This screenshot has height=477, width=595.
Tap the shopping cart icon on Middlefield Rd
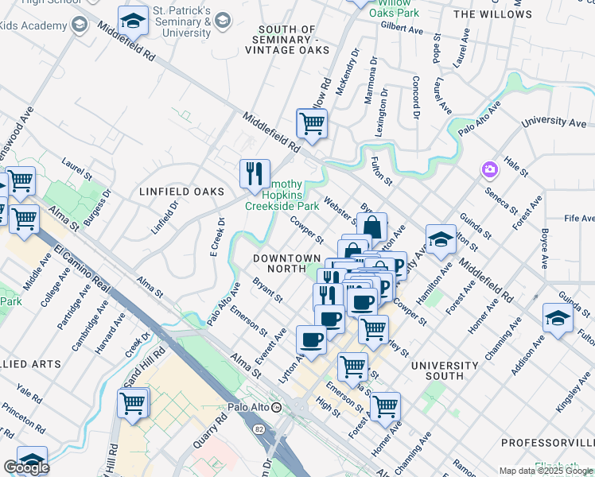point(312,123)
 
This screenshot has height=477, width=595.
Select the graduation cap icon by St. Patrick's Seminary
point(134,21)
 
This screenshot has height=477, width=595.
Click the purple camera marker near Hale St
point(488,169)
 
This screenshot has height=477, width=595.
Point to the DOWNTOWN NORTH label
point(286,258)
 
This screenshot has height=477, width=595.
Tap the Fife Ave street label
point(578,218)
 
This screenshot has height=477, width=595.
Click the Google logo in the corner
point(26,467)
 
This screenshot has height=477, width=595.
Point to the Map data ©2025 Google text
point(546,471)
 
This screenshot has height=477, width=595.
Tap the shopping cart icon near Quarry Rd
point(133,402)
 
